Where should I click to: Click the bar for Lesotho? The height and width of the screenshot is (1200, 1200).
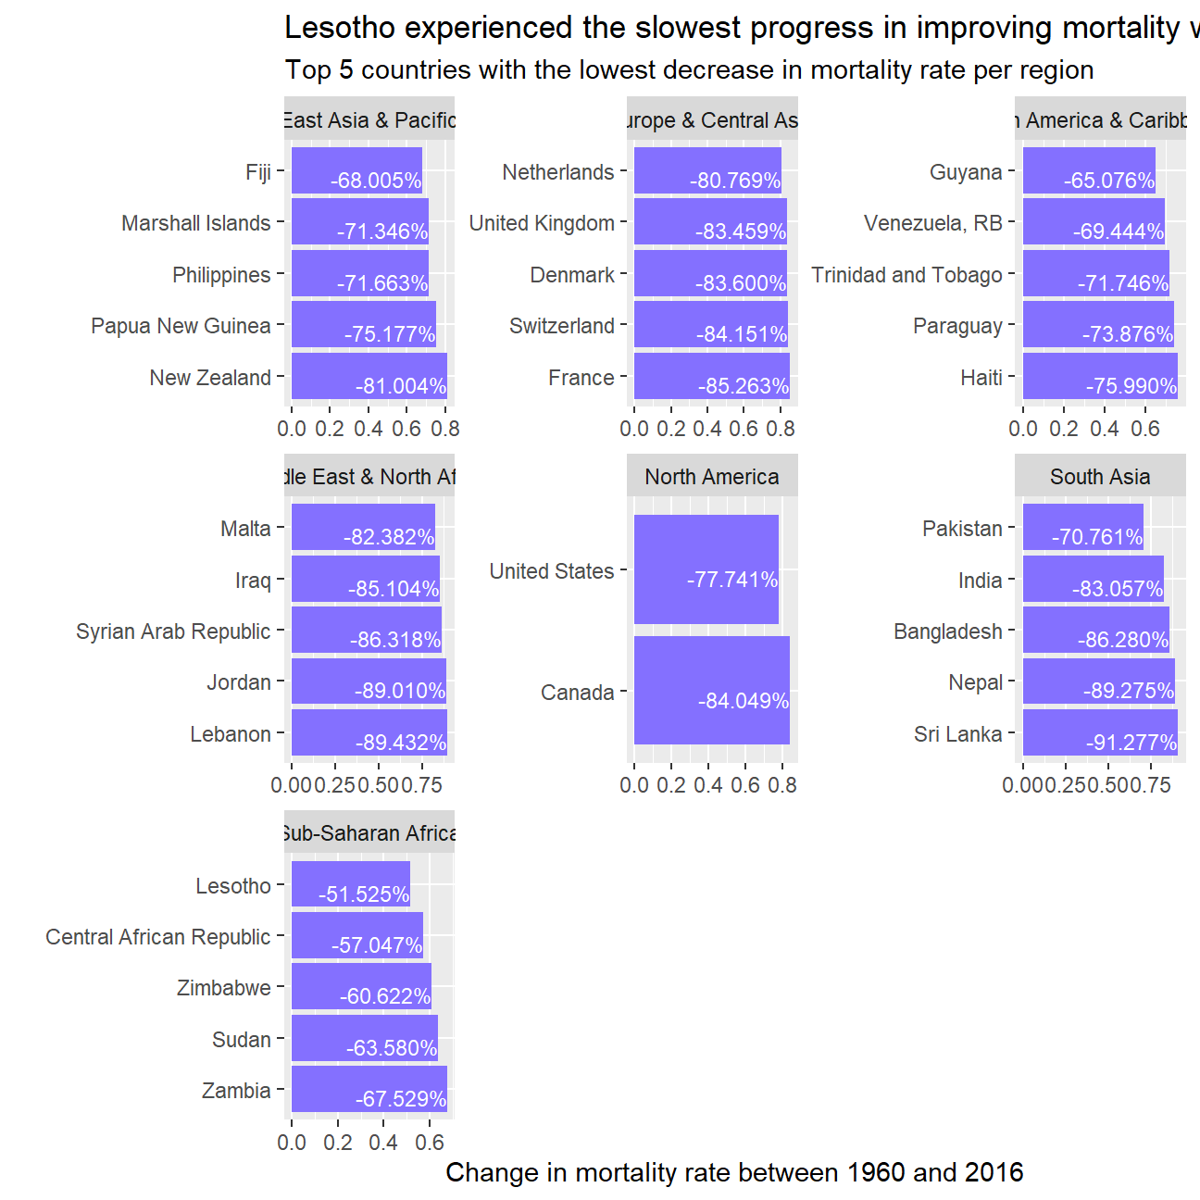pos(350,884)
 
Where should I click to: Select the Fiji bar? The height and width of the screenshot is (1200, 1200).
pos(356,170)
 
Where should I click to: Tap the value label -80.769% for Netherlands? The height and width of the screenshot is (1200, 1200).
pos(735,181)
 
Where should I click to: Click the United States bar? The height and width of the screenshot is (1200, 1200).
pos(706,569)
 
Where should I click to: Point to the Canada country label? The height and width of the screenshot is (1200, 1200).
pos(577,693)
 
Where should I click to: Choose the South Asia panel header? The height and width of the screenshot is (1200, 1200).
pos(1100,477)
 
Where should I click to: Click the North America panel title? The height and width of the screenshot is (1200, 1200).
pos(712,477)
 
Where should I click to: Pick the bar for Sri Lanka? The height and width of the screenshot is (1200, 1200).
pos(1100,732)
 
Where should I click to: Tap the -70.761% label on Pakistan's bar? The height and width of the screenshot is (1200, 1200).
pos(1097,537)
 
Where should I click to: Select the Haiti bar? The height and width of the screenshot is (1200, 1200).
pos(1100,376)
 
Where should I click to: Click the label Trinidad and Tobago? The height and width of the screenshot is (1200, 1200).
pos(906,275)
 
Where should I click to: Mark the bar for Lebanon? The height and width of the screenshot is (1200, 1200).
pos(369,732)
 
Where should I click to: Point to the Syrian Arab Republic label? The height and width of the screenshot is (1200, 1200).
pos(173,631)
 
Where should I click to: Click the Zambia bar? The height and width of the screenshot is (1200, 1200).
pos(369,1089)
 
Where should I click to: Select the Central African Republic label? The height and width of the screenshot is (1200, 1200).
pos(158,937)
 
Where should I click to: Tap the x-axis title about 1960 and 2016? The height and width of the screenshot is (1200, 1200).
pos(734,1172)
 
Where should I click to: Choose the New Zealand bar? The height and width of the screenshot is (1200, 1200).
pos(369,376)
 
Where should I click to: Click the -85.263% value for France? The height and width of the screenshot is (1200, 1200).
pos(744,386)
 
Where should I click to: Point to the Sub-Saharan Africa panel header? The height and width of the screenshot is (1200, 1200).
pos(369,833)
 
